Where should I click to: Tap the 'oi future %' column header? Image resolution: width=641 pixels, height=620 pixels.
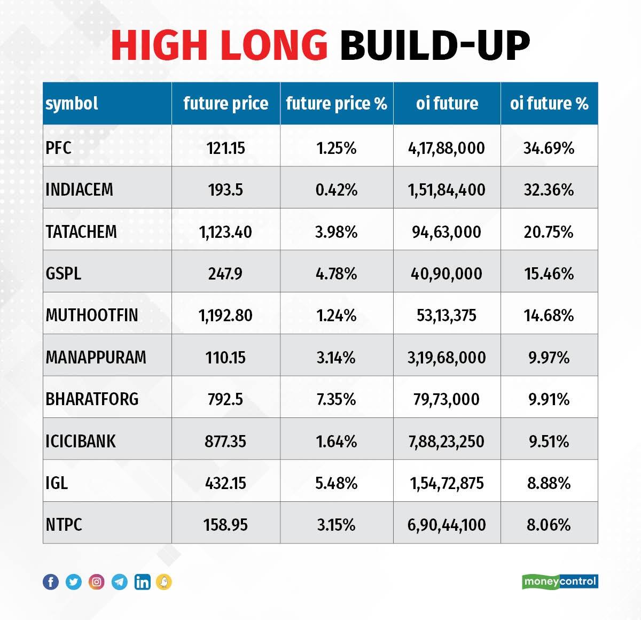549,103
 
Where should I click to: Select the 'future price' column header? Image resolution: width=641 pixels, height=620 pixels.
225,103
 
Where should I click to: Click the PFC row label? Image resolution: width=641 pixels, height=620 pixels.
58,148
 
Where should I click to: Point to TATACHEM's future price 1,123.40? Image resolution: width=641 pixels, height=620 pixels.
225,232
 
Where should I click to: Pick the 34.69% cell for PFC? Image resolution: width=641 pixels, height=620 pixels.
549,148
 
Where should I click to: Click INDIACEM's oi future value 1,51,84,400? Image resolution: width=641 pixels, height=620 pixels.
447,190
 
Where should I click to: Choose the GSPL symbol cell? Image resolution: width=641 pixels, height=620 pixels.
64,274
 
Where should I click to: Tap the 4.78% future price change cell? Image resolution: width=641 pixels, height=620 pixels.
336,274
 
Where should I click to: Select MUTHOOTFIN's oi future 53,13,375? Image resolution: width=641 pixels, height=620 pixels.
447,315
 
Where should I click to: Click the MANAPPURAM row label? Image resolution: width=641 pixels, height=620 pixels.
96,357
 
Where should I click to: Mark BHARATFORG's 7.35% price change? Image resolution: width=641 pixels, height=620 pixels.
336,399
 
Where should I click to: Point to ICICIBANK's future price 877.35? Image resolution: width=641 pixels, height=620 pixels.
225,441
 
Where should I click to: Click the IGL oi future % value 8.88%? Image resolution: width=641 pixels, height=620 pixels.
549,483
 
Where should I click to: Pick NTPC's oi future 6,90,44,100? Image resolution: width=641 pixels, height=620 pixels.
447,525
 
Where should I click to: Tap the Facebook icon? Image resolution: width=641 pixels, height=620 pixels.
51,582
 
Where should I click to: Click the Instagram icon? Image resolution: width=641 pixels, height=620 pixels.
97,582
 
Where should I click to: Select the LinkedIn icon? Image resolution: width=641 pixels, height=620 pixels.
142,582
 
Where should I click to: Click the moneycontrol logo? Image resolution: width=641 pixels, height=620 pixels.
560,581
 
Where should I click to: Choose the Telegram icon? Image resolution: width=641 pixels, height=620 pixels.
120,582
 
